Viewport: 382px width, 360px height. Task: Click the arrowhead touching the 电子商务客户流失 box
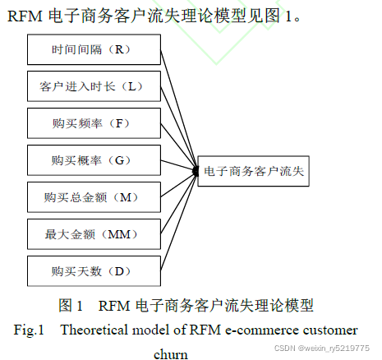pos(196,170)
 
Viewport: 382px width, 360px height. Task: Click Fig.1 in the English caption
pos(29,330)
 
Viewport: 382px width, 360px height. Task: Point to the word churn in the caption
pos(172,354)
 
